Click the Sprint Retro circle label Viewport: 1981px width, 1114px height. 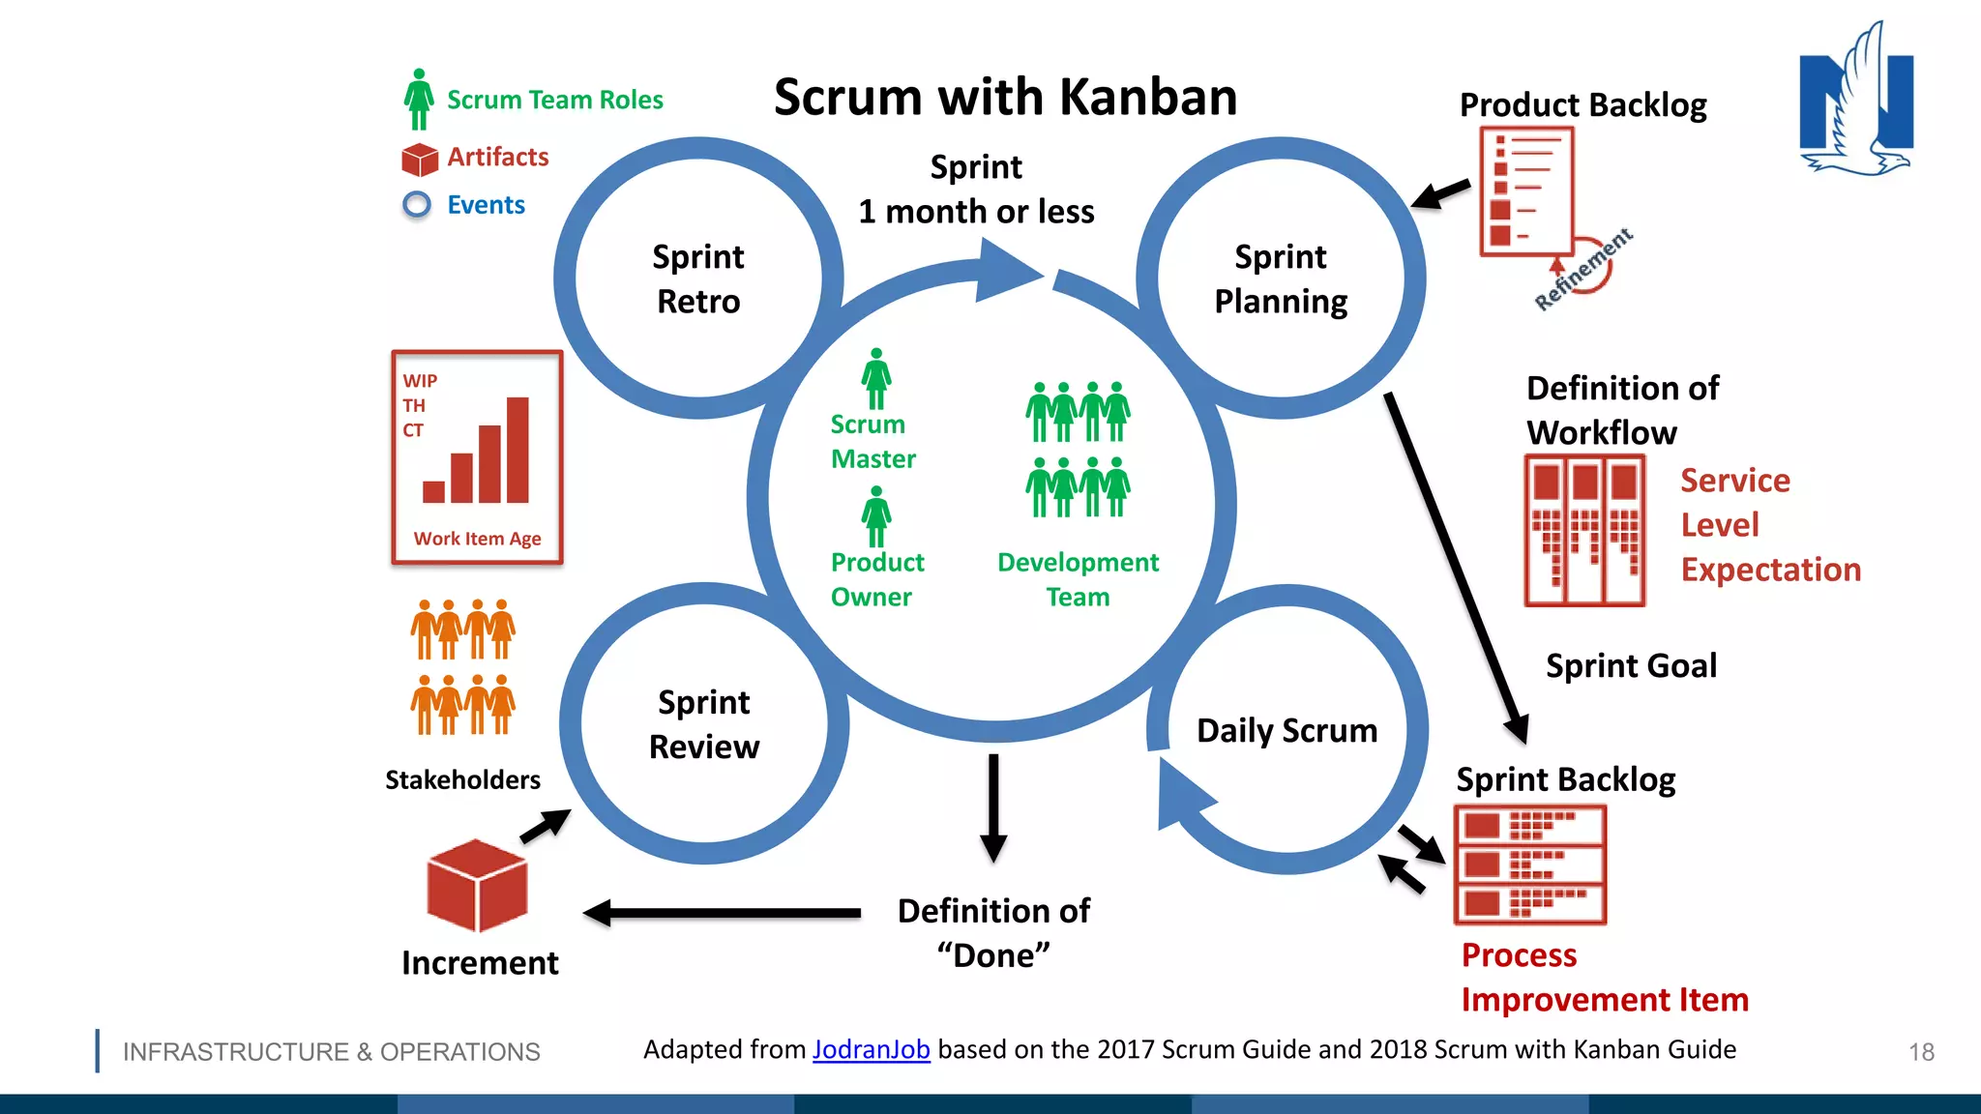(x=698, y=278)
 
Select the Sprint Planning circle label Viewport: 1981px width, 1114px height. (x=1281, y=278)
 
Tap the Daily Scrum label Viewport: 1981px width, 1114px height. (x=1286, y=730)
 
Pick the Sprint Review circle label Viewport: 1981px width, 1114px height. (x=704, y=724)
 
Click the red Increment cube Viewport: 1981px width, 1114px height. (x=477, y=885)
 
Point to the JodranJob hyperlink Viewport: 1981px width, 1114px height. (x=871, y=1049)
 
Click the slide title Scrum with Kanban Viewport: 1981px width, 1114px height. (x=1005, y=97)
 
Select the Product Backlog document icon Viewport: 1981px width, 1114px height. (x=1526, y=191)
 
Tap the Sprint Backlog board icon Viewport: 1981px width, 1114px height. (x=1530, y=865)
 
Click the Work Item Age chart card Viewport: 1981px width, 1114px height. (x=477, y=457)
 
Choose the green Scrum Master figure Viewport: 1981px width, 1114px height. (x=876, y=379)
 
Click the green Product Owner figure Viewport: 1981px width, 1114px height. (x=876, y=516)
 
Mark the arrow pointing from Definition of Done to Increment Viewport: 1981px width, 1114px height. (x=721, y=913)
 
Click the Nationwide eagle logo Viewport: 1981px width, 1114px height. (x=1856, y=102)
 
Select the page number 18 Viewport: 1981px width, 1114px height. (x=1921, y=1052)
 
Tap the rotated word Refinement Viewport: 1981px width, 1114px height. (x=1583, y=269)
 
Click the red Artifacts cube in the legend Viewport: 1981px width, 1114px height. (x=420, y=159)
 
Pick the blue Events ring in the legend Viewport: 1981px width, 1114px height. (x=417, y=205)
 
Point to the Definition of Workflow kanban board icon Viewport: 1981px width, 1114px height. (x=1584, y=531)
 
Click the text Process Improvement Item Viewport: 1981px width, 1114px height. (x=1604, y=977)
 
